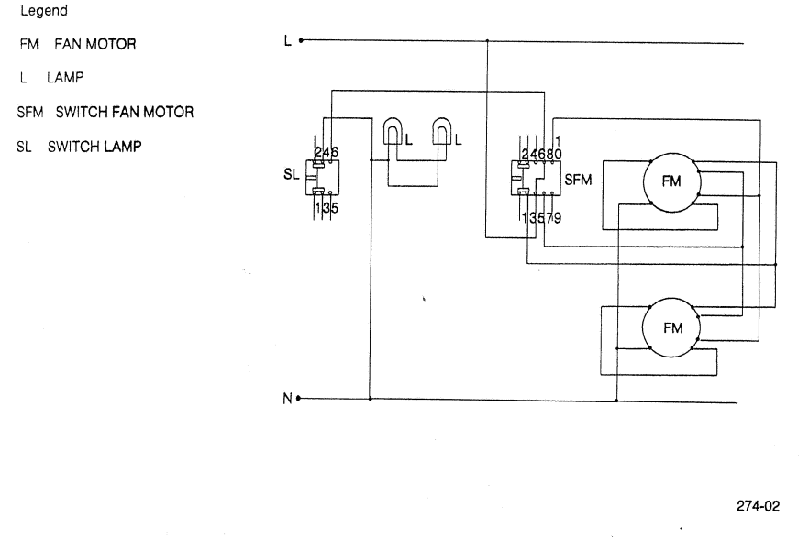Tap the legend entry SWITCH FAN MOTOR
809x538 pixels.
tap(124, 113)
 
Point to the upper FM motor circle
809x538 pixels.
tap(671, 181)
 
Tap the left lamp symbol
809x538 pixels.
tap(393, 136)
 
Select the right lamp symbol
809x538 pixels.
tap(444, 136)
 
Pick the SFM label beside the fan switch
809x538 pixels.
tap(577, 181)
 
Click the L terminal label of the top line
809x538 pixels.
tap(288, 41)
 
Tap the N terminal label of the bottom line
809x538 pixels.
tap(288, 400)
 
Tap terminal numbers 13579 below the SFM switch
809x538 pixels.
tap(542, 217)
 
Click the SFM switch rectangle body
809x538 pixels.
tap(536, 180)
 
